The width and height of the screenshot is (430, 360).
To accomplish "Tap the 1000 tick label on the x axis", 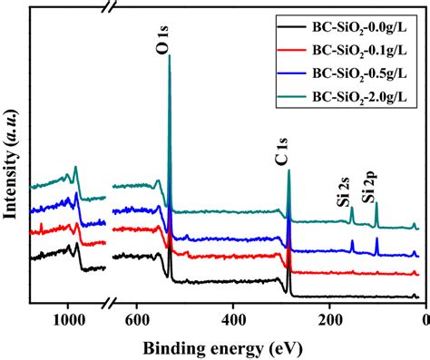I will (x=67, y=321).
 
